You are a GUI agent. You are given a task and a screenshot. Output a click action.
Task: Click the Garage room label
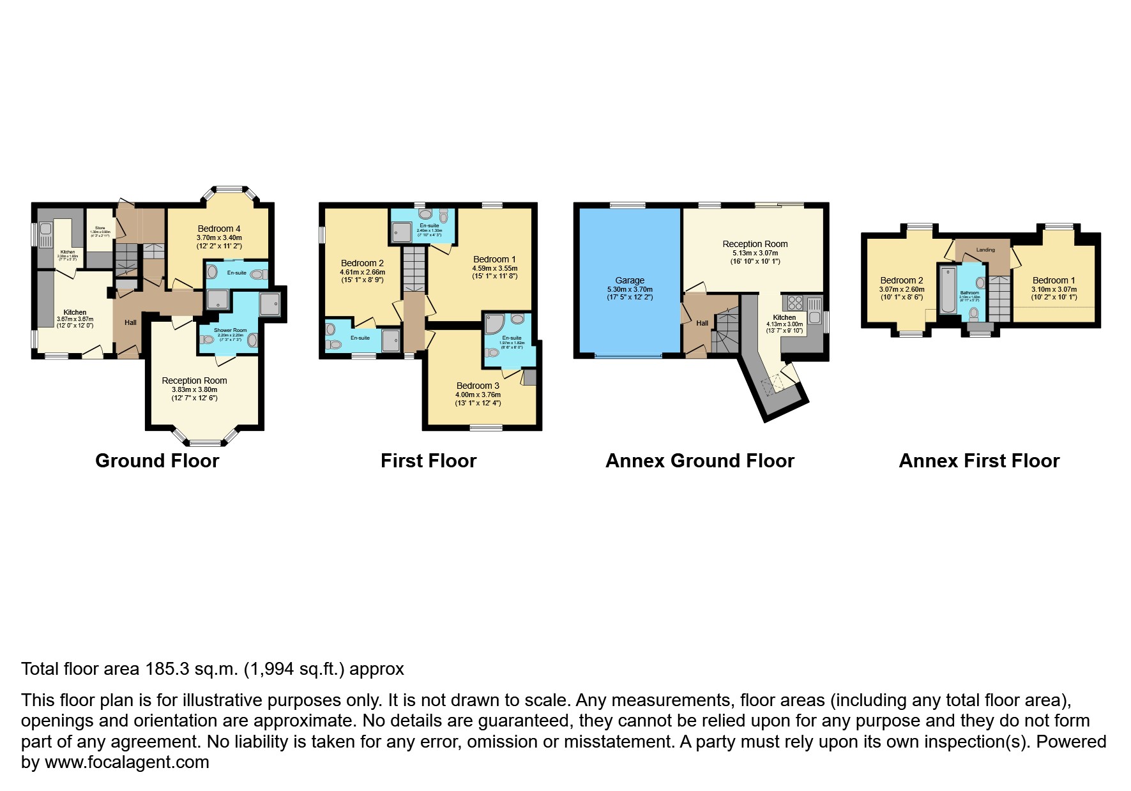tap(630, 280)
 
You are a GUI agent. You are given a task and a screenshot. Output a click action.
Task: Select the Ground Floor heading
tap(157, 461)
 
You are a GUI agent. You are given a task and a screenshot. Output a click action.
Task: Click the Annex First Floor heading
tap(979, 461)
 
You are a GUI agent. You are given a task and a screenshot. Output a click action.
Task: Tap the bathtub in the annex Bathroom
tap(946, 290)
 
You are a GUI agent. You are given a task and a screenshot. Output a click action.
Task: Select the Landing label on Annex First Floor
tap(985, 250)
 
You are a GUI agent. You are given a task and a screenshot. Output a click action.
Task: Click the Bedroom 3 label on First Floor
tap(478, 386)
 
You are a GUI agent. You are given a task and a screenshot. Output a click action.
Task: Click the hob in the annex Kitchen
tap(795, 303)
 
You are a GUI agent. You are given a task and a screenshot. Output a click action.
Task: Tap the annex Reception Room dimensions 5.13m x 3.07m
tap(755, 253)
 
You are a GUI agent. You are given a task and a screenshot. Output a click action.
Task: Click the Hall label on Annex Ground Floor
tap(702, 323)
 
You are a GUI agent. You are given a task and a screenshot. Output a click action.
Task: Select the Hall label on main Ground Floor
tap(130, 322)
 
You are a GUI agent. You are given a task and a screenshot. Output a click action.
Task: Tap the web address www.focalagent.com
tap(126, 762)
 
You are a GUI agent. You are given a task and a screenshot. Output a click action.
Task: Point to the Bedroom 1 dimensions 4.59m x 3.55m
tap(494, 269)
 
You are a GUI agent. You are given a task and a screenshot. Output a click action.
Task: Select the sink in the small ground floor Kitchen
tap(47, 229)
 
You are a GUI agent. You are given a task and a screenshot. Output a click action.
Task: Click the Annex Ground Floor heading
tap(699, 461)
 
